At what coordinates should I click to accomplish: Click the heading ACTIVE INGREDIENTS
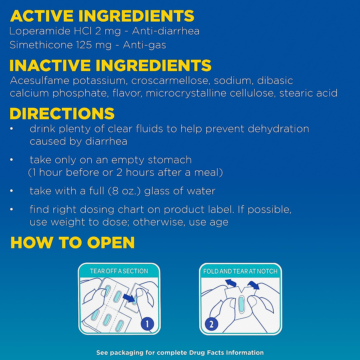102,16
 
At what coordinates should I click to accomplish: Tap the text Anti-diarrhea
166,31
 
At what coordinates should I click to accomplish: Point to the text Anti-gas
144,45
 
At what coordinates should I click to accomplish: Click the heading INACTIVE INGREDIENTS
110,66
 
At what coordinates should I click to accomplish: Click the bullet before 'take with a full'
11,191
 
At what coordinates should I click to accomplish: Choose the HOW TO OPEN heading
73,243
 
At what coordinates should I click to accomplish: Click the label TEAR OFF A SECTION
119,271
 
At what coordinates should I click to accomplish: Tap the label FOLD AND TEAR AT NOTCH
240,271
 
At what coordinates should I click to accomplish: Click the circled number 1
147,324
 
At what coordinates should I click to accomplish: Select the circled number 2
211,324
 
